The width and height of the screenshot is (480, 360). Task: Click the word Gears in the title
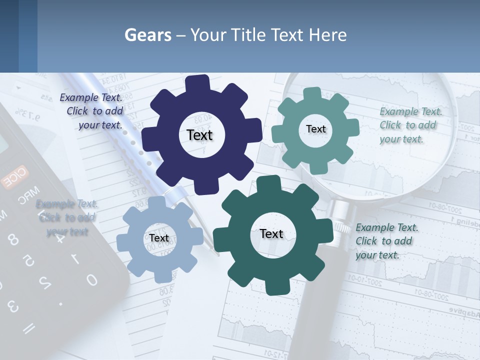(x=148, y=35)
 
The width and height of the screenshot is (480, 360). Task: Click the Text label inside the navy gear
(x=199, y=135)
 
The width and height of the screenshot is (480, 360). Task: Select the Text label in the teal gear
(x=315, y=129)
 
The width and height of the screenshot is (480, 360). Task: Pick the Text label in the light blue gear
(x=159, y=238)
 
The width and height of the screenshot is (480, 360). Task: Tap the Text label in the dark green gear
(x=271, y=233)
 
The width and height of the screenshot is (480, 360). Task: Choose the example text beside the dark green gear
(x=386, y=241)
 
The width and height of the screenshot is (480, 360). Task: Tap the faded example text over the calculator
(x=67, y=217)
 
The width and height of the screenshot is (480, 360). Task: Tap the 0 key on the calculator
(x=91, y=280)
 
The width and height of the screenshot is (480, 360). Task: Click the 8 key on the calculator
(x=13, y=239)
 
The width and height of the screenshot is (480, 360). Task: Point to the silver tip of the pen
(x=210, y=244)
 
